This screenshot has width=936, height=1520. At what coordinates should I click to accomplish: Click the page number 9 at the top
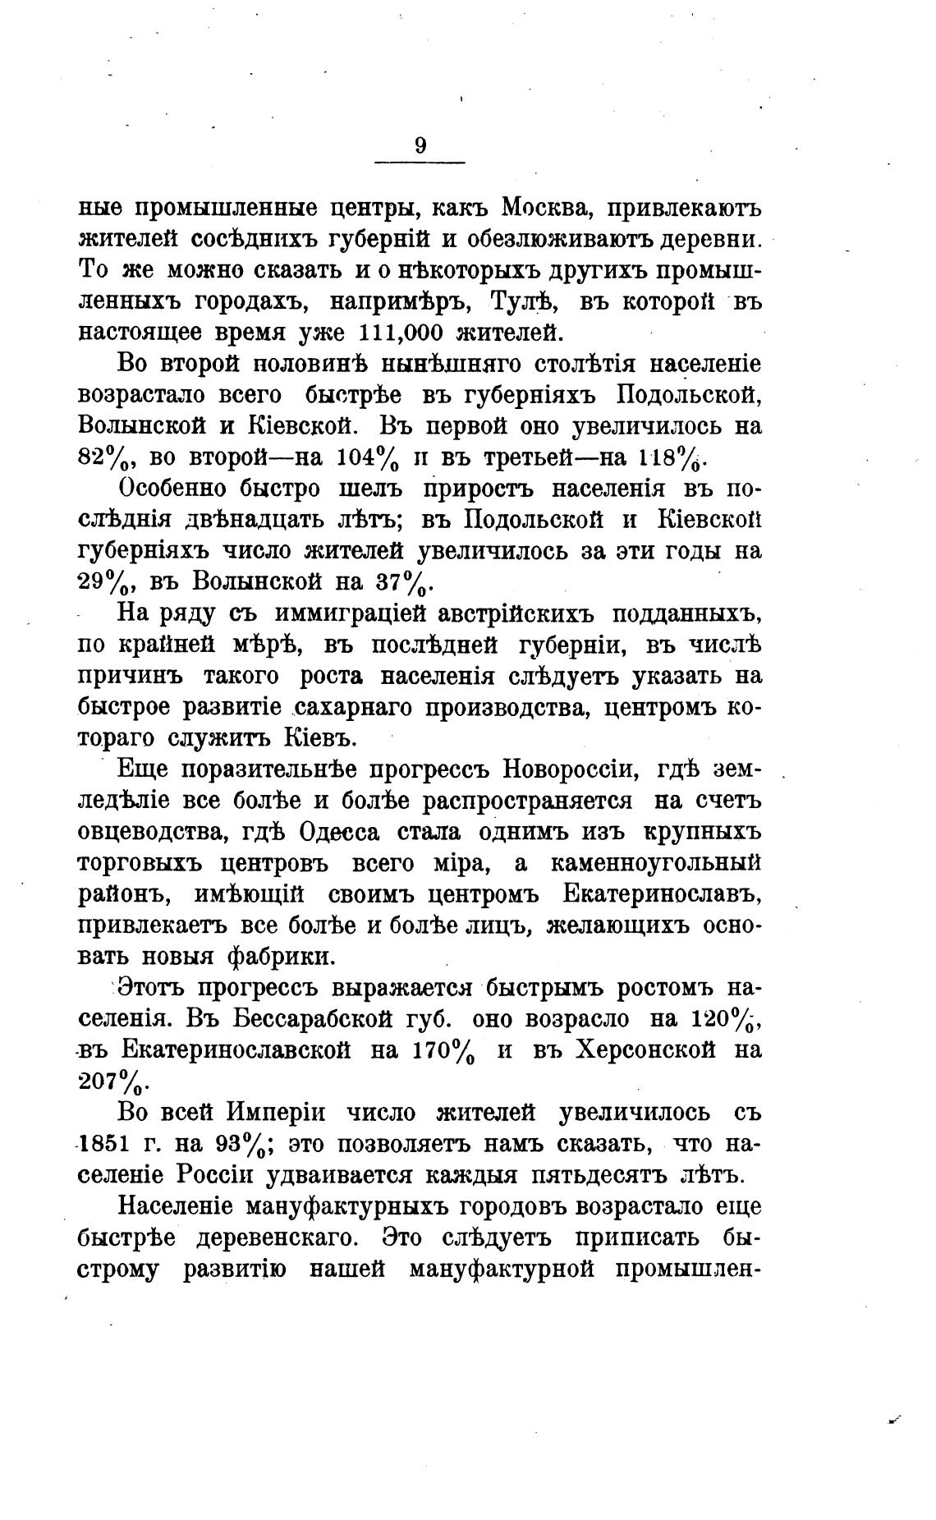tap(420, 146)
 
